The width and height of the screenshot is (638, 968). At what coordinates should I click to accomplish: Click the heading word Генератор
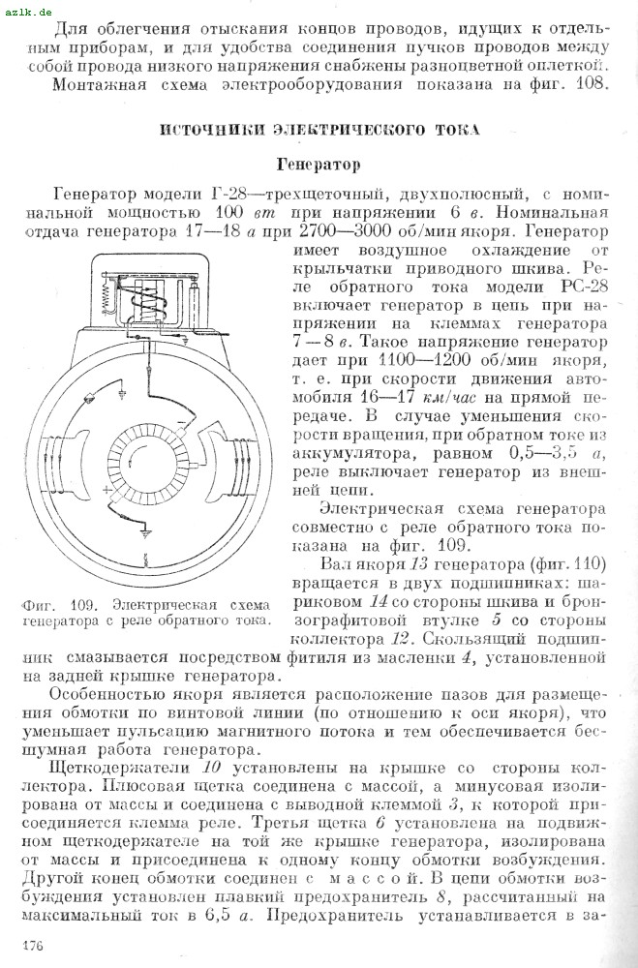(x=319, y=165)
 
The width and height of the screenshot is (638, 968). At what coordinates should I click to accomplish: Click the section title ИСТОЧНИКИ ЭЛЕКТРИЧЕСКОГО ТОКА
(x=319, y=130)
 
